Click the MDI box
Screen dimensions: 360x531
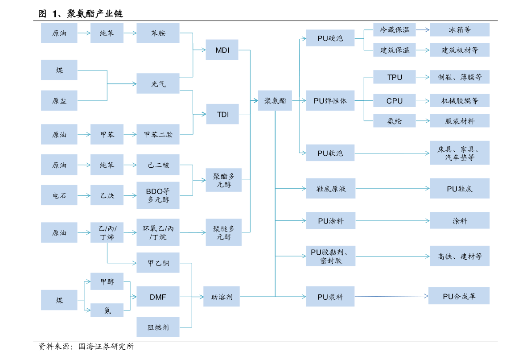tap(222, 50)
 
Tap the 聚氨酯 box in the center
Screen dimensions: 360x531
tap(275, 101)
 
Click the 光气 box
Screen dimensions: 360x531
tap(158, 83)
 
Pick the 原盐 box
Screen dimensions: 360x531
tap(59, 100)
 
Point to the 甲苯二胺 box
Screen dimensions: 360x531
tap(158, 134)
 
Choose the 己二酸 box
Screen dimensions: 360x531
tap(158, 165)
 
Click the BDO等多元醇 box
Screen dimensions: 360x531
tap(158, 195)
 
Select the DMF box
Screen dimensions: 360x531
tap(158, 297)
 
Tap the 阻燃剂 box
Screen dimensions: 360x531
tap(158, 327)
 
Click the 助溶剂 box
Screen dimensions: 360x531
tap(222, 297)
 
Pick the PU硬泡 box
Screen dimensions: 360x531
tap(330, 38)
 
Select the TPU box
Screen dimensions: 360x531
tap(395, 77)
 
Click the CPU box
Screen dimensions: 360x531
tap(395, 101)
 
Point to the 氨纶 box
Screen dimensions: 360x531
tap(395, 121)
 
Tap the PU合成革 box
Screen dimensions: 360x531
tap(459, 296)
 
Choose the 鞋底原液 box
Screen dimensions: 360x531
tap(330, 188)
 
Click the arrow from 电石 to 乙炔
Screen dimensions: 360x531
tap(84, 195)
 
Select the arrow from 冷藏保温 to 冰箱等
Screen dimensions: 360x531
tap(423, 30)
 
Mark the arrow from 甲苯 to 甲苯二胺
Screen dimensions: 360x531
tap(130, 134)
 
